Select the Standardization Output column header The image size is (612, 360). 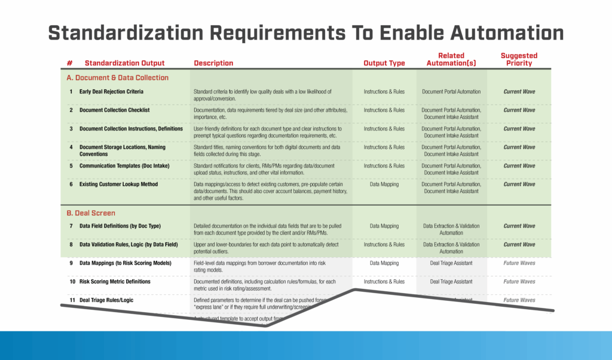pos(124,63)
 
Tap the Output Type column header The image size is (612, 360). pos(384,63)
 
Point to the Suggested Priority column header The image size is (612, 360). pos(519,59)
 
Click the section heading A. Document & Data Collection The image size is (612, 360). pos(118,78)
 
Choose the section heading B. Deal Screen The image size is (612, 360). pos(91,212)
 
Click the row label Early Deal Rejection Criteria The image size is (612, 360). pos(111,91)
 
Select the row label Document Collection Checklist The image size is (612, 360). pos(114,110)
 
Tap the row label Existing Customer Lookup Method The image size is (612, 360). pos(118,184)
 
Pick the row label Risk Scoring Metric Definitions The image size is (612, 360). pos(115,281)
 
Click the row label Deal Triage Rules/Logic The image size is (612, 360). pos(106,300)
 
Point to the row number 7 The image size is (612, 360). pos(71,225)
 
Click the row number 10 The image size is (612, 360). pos(72,281)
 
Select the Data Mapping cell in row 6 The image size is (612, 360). pos(384,184)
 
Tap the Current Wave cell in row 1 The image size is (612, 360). pos(519,91)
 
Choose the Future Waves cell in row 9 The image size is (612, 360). pos(519,263)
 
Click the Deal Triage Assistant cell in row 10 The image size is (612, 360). pos(451,281)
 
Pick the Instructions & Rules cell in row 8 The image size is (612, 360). pos(384,244)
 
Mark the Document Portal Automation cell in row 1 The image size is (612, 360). pos(451,91)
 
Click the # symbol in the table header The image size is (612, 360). pos(70,63)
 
